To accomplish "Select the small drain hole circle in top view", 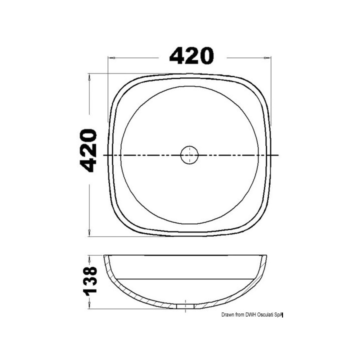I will (189, 155).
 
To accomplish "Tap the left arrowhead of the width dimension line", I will (111, 58).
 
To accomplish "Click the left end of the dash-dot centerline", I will (104, 155).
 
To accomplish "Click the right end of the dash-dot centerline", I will (278, 155).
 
